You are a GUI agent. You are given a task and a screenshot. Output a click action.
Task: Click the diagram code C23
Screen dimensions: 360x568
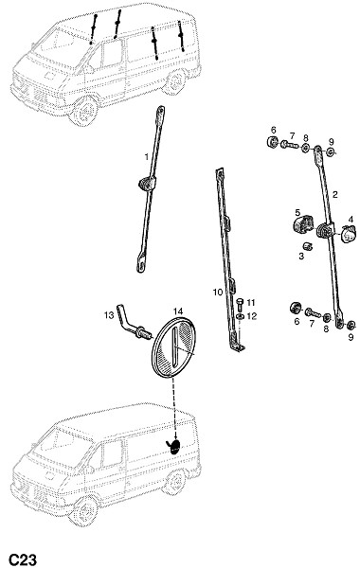(x=23, y=559)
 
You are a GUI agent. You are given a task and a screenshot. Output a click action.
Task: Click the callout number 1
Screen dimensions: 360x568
(x=147, y=157)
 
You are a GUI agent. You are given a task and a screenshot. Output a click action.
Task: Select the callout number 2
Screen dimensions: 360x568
(x=334, y=194)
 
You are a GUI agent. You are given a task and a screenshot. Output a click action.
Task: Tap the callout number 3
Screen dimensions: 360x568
(x=351, y=219)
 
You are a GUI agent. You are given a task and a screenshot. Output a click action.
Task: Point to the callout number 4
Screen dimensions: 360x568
(x=297, y=212)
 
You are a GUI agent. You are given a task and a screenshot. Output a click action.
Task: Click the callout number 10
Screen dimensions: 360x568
(x=251, y=303)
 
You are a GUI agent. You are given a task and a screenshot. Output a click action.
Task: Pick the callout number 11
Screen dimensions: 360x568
(x=252, y=316)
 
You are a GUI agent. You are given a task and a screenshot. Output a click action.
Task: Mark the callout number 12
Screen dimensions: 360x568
(x=109, y=315)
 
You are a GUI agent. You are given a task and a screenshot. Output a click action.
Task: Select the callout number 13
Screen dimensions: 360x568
(x=178, y=311)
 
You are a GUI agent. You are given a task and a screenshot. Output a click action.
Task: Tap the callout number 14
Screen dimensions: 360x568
(x=173, y=348)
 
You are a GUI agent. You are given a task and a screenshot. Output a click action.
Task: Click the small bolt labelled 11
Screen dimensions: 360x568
(x=240, y=317)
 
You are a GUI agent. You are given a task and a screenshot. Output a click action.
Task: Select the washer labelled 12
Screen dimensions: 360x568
(x=303, y=223)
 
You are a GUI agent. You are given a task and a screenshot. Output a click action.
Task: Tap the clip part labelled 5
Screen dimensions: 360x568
(x=349, y=233)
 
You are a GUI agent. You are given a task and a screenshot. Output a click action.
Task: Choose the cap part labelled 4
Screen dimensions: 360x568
(x=308, y=245)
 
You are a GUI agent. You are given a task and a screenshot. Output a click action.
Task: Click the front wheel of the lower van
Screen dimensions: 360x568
(x=175, y=81)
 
